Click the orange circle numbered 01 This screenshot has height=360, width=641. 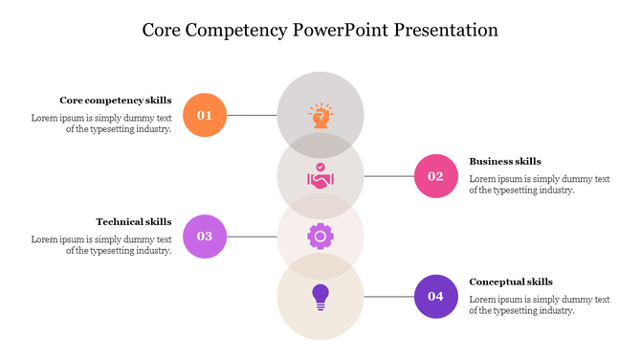coord(205,115)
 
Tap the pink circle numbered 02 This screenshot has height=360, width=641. coord(436,175)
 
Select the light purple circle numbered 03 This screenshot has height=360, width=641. coord(205,236)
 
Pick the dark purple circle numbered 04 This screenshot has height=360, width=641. coord(436,296)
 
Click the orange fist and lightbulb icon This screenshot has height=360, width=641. coord(320,115)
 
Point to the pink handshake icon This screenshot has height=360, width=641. coord(320,176)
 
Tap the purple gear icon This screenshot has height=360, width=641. coord(320,236)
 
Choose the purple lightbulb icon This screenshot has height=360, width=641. coord(320,295)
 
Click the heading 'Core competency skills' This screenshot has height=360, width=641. coord(116,100)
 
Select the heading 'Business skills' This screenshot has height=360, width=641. coord(505,161)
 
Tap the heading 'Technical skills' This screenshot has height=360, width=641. coord(134,221)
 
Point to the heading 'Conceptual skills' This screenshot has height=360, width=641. coord(511,281)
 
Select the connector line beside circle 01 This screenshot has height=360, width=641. coord(252,116)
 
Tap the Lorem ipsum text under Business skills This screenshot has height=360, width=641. coord(540,184)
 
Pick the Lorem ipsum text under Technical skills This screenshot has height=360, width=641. coord(101,245)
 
